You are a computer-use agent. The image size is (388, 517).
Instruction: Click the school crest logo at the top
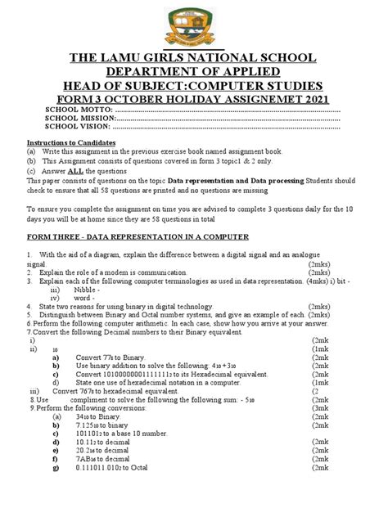point(193,24)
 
